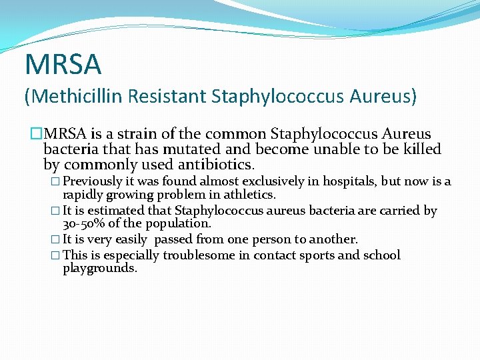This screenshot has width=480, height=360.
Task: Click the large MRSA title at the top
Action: [x=63, y=65]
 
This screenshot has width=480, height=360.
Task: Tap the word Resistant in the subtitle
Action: [x=166, y=97]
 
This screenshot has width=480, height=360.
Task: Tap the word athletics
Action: [x=251, y=195]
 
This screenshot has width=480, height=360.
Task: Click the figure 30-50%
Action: [x=85, y=224]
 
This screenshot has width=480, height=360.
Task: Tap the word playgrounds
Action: [x=100, y=268]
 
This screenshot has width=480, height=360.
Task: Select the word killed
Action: [x=422, y=149]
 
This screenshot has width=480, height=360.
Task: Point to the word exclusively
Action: [x=275, y=181]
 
